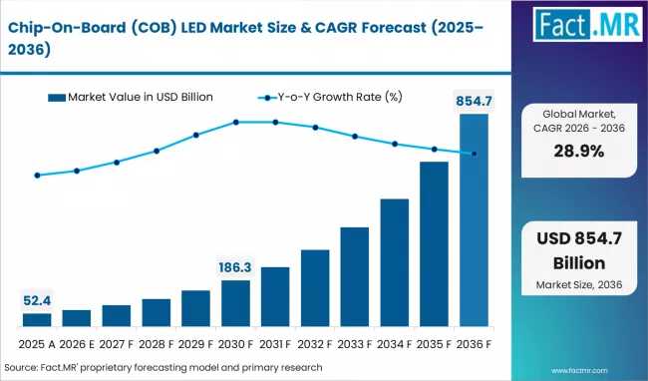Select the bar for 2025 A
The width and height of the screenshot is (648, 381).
pos(37,319)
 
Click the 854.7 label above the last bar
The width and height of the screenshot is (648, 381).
pos(474,101)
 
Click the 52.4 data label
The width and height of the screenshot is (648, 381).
pos(37,300)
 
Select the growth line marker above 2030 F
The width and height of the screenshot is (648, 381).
pos(236,122)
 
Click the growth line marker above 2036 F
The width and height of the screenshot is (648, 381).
pos(474,154)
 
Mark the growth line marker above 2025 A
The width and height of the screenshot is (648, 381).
pos(37,176)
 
